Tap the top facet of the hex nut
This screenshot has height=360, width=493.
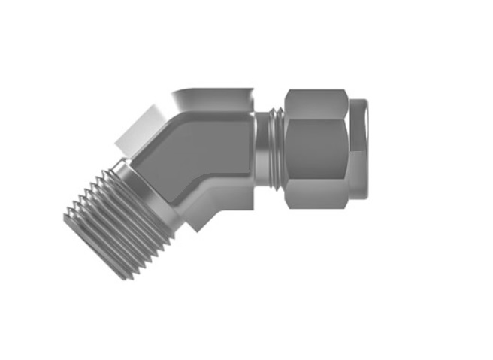pos(316,102)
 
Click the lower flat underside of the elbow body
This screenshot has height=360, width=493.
pos(225,201)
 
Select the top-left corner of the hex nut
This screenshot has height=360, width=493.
pos(287,92)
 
